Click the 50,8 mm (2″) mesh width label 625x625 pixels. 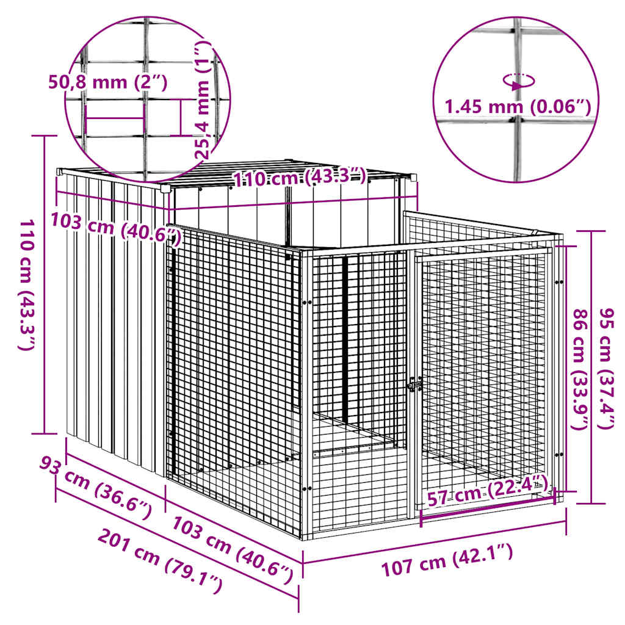[x=107, y=81]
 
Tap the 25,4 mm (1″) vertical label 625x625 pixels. [x=204, y=101]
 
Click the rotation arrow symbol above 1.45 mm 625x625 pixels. [x=519, y=81]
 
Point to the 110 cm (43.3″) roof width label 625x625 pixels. [x=300, y=178]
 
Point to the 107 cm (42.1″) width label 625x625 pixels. [x=447, y=562]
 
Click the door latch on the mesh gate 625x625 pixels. [x=415, y=385]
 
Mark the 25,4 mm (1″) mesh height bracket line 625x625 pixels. [x=181, y=117]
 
